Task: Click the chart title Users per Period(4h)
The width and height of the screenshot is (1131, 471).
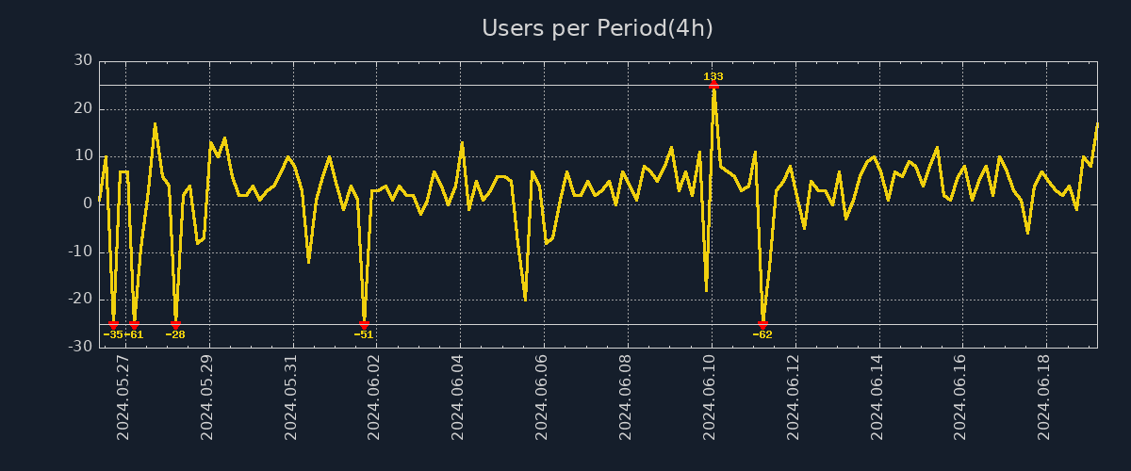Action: [598, 28]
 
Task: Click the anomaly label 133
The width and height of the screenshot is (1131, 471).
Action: [713, 76]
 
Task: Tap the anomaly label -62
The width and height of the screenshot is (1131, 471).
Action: [762, 334]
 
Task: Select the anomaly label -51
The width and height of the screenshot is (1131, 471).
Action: [364, 334]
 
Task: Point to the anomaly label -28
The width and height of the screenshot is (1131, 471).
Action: [175, 334]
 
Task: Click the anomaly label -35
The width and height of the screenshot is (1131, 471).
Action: [112, 334]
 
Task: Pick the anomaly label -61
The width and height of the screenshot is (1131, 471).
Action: [135, 334]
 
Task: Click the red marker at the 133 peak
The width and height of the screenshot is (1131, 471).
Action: [713, 85]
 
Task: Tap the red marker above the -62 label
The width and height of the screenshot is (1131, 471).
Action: [762, 325]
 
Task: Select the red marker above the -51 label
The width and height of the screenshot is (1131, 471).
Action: [364, 325]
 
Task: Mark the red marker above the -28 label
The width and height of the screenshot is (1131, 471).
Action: [175, 325]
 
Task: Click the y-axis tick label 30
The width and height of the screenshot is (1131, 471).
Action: [84, 61]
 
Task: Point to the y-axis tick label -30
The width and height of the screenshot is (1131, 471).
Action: [81, 348]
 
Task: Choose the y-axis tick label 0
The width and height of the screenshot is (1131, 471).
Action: [88, 204]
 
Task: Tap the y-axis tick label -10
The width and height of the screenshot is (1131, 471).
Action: [81, 252]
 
